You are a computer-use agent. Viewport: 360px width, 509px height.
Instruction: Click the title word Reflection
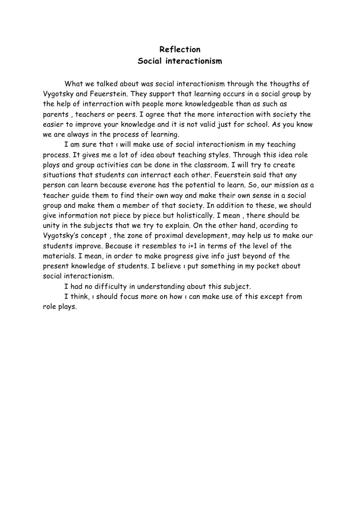coord(180,50)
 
